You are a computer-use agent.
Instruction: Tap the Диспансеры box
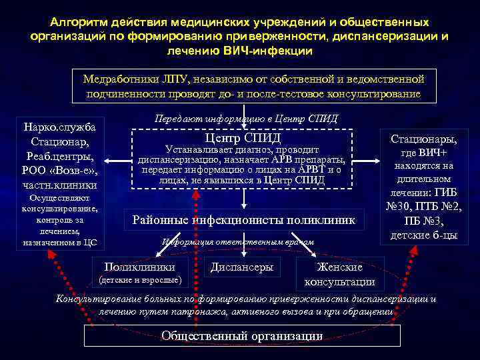[241, 266]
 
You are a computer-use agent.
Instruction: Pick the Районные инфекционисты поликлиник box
[244, 220]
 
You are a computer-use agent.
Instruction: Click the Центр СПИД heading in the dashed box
[243, 138]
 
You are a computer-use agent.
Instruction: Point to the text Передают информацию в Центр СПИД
[245, 119]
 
